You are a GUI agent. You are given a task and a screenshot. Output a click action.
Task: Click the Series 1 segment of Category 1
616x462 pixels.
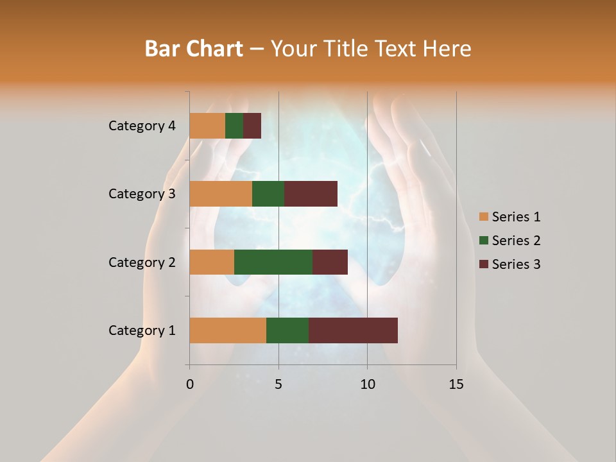(228, 330)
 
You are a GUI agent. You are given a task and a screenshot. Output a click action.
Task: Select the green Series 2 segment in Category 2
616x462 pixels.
(273, 262)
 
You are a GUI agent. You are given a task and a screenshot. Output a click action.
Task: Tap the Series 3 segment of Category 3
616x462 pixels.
(311, 194)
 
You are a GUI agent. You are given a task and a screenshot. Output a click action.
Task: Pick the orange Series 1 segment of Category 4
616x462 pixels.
(207, 126)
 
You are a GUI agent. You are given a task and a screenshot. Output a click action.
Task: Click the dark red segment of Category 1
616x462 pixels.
(353, 330)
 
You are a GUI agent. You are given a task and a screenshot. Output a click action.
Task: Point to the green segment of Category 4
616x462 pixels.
(234, 126)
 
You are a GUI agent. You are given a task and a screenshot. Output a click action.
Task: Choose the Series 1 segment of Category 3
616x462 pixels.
(221, 194)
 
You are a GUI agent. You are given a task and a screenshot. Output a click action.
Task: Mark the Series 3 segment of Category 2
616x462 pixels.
(330, 262)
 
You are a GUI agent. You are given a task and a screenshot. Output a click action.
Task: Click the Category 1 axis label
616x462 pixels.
(142, 330)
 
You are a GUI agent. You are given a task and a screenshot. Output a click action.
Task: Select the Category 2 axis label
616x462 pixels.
(142, 262)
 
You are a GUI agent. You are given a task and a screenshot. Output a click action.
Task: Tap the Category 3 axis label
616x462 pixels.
(142, 194)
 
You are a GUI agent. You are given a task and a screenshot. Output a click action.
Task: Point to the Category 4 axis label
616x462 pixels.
(142, 126)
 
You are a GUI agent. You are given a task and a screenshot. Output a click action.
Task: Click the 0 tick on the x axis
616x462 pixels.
(190, 384)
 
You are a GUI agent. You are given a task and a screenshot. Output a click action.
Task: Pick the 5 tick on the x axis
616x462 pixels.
(278, 384)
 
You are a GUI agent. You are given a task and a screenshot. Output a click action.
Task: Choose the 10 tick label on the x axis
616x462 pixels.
(367, 384)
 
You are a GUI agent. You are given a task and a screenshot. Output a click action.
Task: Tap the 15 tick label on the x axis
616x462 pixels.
(456, 384)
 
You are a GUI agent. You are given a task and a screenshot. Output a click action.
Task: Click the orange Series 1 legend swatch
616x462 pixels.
(484, 217)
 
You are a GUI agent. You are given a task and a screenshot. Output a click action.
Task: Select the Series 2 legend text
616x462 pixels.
(516, 241)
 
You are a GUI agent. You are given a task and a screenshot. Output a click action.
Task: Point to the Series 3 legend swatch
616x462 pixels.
(484, 264)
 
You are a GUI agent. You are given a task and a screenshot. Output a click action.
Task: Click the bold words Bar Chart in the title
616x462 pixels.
(194, 49)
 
